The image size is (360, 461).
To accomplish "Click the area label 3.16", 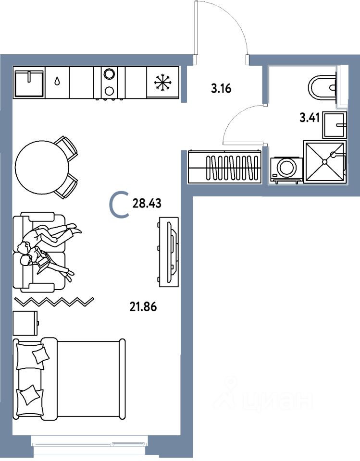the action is pos(221,88).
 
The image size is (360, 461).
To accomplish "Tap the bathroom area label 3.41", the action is pos(310,118).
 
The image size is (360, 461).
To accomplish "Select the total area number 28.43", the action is pos(147,203).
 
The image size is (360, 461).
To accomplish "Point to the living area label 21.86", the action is pos(143,307).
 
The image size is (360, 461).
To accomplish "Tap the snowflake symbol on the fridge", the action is pos(162,82).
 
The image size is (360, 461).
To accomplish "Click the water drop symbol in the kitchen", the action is pos(57,81).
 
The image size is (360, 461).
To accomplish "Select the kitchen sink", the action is pos(29,83).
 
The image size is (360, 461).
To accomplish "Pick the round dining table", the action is pos(42,167).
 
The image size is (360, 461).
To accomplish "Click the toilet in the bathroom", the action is pos(323,87).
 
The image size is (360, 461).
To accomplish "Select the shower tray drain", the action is pos(325,162).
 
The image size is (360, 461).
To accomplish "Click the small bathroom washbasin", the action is pos(335,125).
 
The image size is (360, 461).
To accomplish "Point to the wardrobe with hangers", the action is pos(224,167).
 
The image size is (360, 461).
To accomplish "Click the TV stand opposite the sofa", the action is pos(169,252).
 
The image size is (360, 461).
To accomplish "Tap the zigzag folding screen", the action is pos(54,302).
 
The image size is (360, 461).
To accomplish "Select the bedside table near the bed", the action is pos(25,323).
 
